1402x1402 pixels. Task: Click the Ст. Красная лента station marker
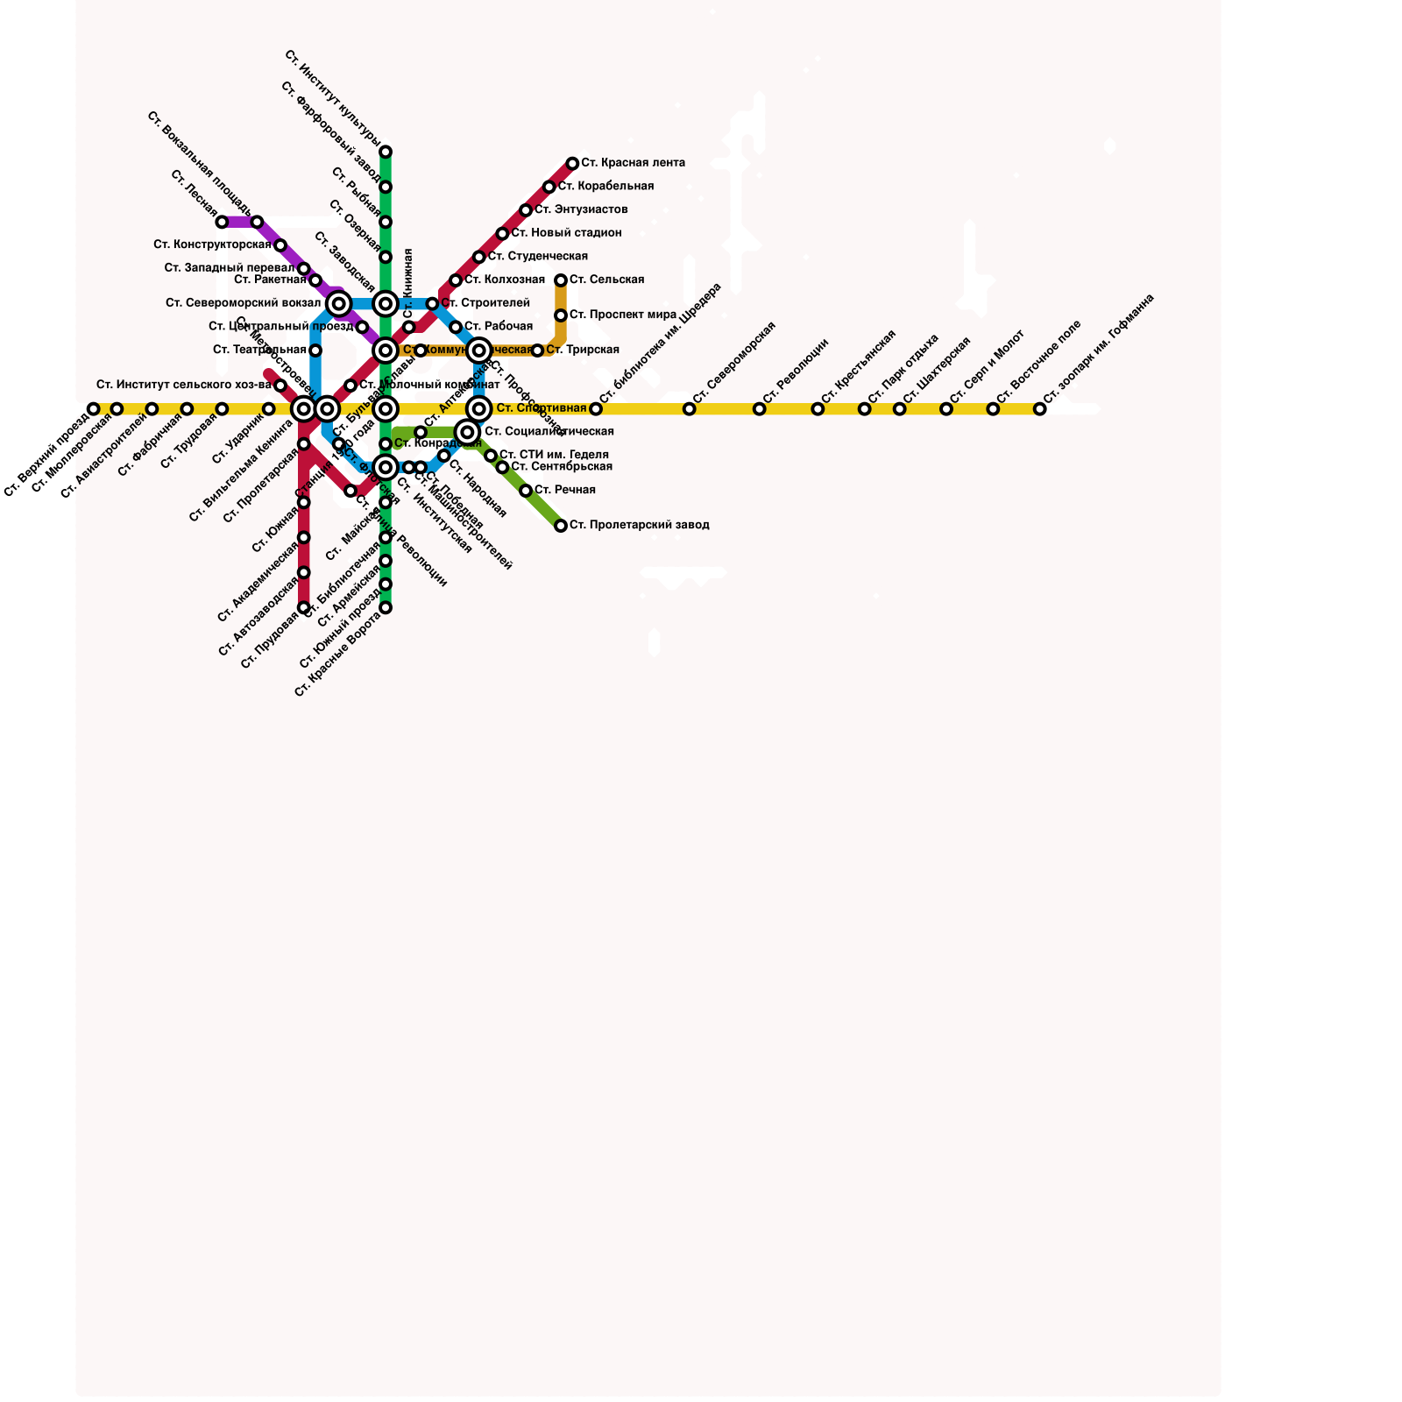click(572, 164)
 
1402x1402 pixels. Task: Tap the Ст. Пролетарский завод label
click(639, 526)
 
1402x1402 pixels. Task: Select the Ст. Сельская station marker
click(561, 280)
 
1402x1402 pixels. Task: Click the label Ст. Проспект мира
click(622, 315)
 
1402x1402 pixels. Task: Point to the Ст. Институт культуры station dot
click(386, 152)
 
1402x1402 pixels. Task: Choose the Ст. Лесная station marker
click(222, 223)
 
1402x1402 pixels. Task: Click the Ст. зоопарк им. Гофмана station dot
click(1039, 409)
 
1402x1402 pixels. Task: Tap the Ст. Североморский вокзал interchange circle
click(339, 304)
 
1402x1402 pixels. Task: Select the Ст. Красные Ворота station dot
click(386, 608)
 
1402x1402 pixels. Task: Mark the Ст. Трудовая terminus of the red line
click(304, 608)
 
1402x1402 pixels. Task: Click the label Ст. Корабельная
click(605, 187)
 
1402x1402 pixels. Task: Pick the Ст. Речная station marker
click(526, 491)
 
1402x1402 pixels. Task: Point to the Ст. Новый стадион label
click(566, 233)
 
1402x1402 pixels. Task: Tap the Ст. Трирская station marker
click(537, 350)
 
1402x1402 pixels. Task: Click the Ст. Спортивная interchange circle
click(478, 408)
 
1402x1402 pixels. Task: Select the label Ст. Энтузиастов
click(581, 210)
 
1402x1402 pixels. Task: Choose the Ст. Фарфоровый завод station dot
click(386, 188)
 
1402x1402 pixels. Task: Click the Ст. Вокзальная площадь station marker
click(257, 223)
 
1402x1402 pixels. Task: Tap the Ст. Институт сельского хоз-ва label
click(183, 385)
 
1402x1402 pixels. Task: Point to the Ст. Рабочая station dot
click(456, 328)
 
